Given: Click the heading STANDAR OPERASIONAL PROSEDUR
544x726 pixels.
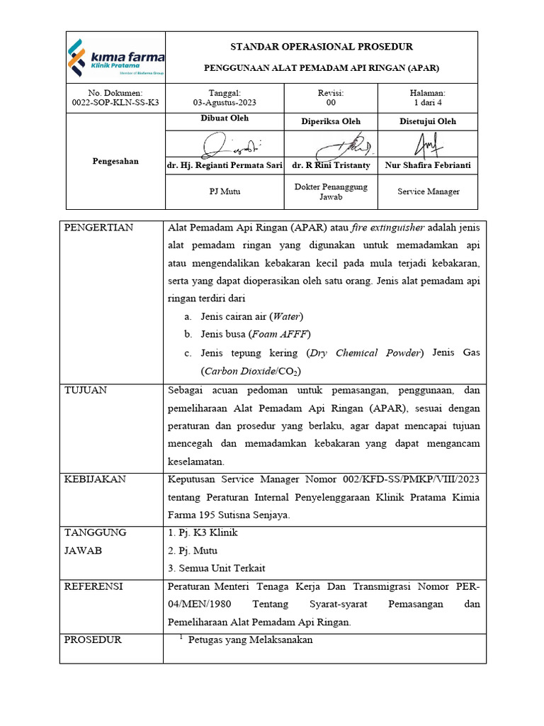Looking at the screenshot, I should (322, 47).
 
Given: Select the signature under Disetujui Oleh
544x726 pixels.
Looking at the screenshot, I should (428, 145).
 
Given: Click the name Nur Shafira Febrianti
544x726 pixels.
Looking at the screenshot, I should (428, 165).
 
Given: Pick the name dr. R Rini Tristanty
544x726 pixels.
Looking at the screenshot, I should (331, 165).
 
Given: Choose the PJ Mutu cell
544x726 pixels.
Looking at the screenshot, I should (225, 191).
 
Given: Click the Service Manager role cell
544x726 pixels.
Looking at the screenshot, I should (428, 191).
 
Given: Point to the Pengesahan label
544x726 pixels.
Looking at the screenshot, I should (115, 161).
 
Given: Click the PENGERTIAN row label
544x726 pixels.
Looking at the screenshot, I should (98, 228).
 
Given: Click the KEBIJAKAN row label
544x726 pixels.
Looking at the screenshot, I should (95, 479).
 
